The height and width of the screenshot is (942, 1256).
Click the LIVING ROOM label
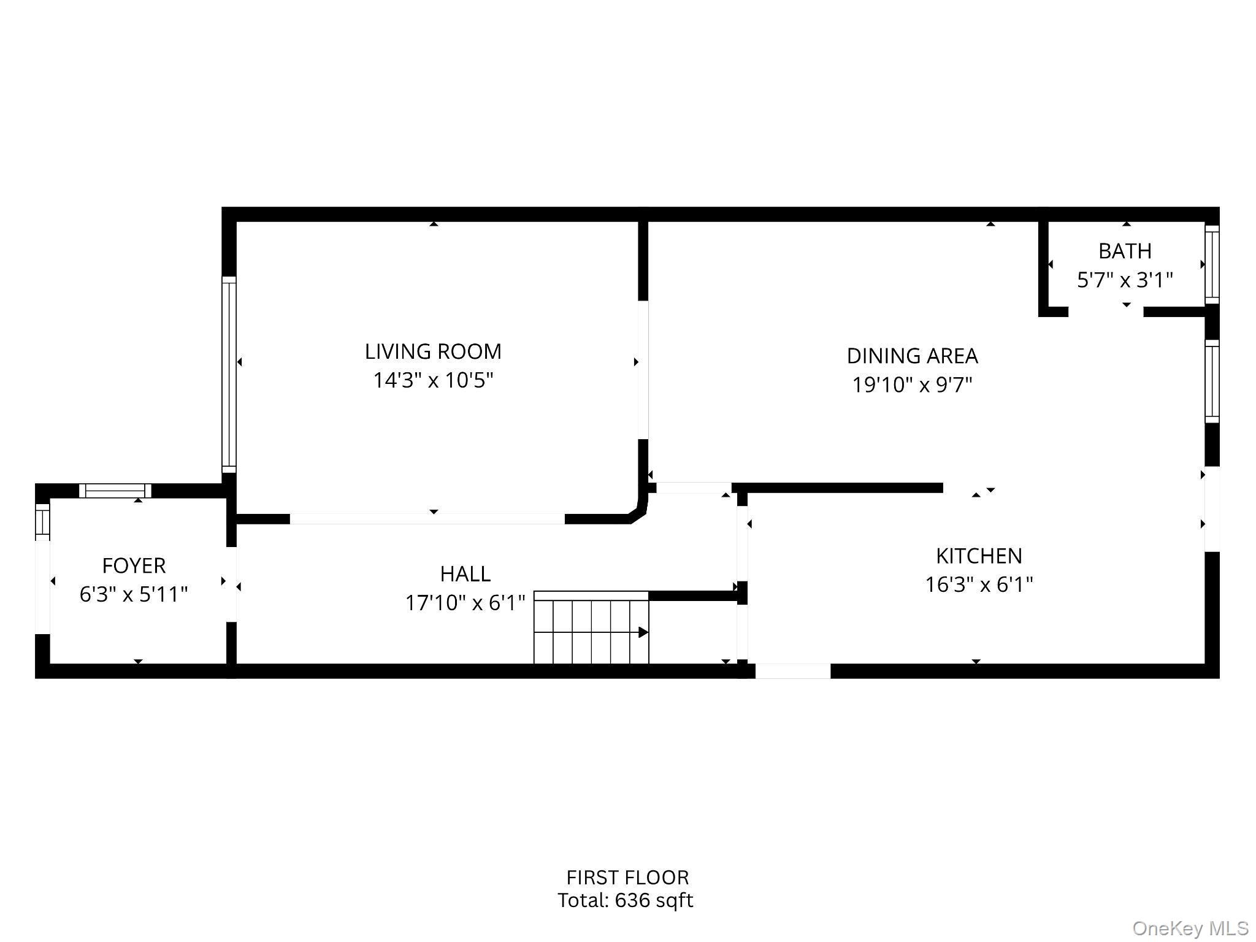point(433,351)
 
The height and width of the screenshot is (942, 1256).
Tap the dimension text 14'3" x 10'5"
point(433,381)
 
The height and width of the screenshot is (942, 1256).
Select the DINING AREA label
point(912,356)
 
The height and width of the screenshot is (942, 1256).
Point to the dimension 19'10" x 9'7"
point(912,385)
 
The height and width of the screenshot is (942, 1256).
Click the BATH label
point(1124,251)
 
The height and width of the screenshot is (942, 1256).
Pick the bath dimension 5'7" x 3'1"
point(1124,280)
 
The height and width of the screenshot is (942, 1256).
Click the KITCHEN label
point(979,556)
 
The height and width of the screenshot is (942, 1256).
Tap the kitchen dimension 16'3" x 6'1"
point(979,584)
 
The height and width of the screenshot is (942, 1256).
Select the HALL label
point(465,574)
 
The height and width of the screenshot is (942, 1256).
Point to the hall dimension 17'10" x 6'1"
point(465,603)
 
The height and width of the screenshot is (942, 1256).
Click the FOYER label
point(134,565)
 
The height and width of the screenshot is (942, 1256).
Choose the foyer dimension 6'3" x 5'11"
point(134,594)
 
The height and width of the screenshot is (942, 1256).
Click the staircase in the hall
point(591,629)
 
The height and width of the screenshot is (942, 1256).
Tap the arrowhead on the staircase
point(643,632)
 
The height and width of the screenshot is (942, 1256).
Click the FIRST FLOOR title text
point(627,878)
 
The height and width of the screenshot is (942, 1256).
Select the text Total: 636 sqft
point(625,900)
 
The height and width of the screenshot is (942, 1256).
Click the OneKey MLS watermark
point(1190,929)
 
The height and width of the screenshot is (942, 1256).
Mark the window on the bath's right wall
point(1212,264)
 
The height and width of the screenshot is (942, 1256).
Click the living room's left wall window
point(229,374)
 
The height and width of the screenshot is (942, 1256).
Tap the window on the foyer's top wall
point(115,491)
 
